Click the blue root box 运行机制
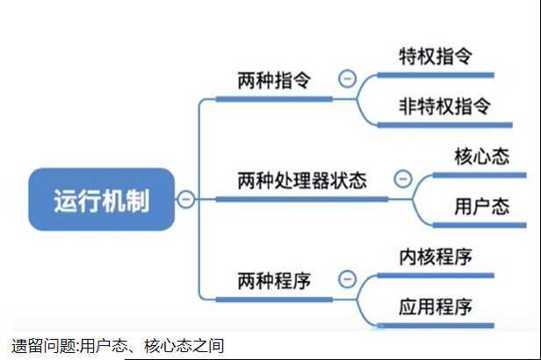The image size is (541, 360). [x=102, y=200]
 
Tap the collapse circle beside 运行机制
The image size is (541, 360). [x=186, y=200]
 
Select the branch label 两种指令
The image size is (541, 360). [x=274, y=80]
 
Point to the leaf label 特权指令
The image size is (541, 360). [x=436, y=55]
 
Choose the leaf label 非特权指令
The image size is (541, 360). [x=444, y=105]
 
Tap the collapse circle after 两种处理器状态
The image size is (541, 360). [x=403, y=179]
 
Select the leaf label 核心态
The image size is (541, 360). [x=481, y=155]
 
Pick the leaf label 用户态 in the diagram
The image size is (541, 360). [x=481, y=206]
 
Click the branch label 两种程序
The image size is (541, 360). [x=274, y=281]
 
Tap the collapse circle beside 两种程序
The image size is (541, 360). [x=347, y=281]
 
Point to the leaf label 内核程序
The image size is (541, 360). [x=436, y=256]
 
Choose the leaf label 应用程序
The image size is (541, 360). [x=436, y=306]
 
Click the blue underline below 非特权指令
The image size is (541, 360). [x=444, y=125]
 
